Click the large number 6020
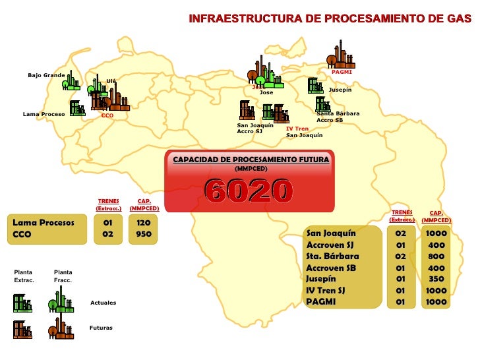249,191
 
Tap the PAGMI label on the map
342,72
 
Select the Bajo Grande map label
46,75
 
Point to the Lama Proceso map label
44,114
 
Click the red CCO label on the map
107,115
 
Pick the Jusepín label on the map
340,90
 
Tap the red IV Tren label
297,129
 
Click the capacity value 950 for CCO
144,234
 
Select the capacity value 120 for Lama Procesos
144,223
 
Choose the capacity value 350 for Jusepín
436,279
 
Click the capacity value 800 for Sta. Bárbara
436,256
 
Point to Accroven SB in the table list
331,268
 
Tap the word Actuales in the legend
103,303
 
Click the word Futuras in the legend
102,328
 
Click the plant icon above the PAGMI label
340,54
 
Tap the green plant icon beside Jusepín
315,86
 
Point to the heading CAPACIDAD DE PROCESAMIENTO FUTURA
251,160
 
